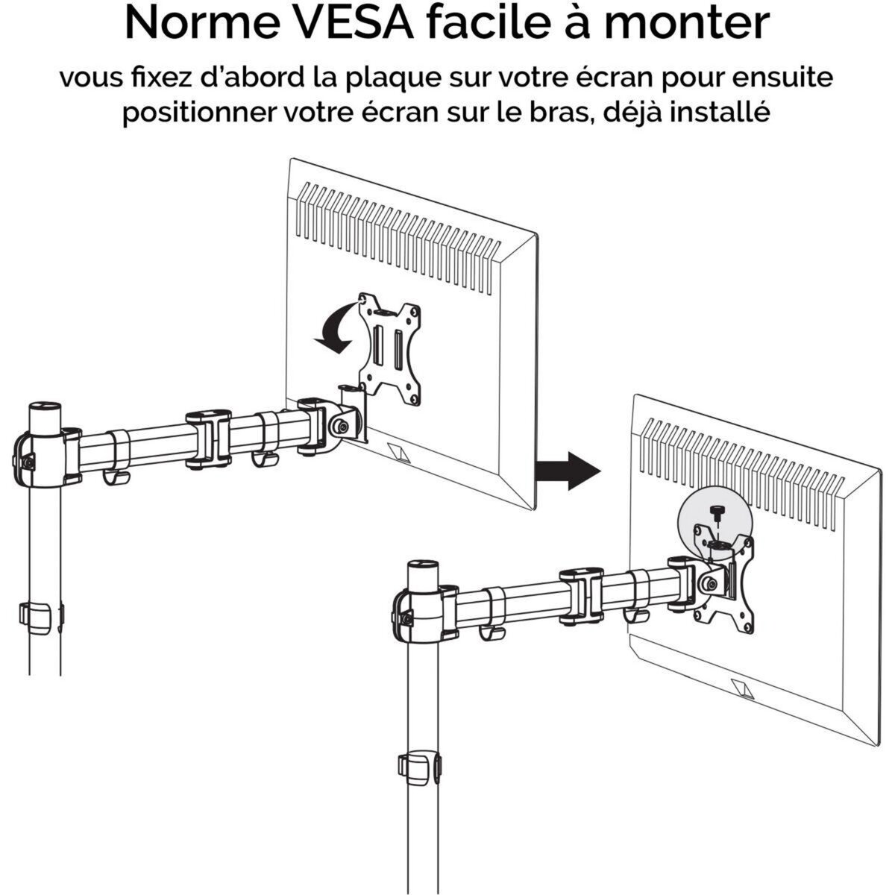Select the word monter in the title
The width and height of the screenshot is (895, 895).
pos(691,24)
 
